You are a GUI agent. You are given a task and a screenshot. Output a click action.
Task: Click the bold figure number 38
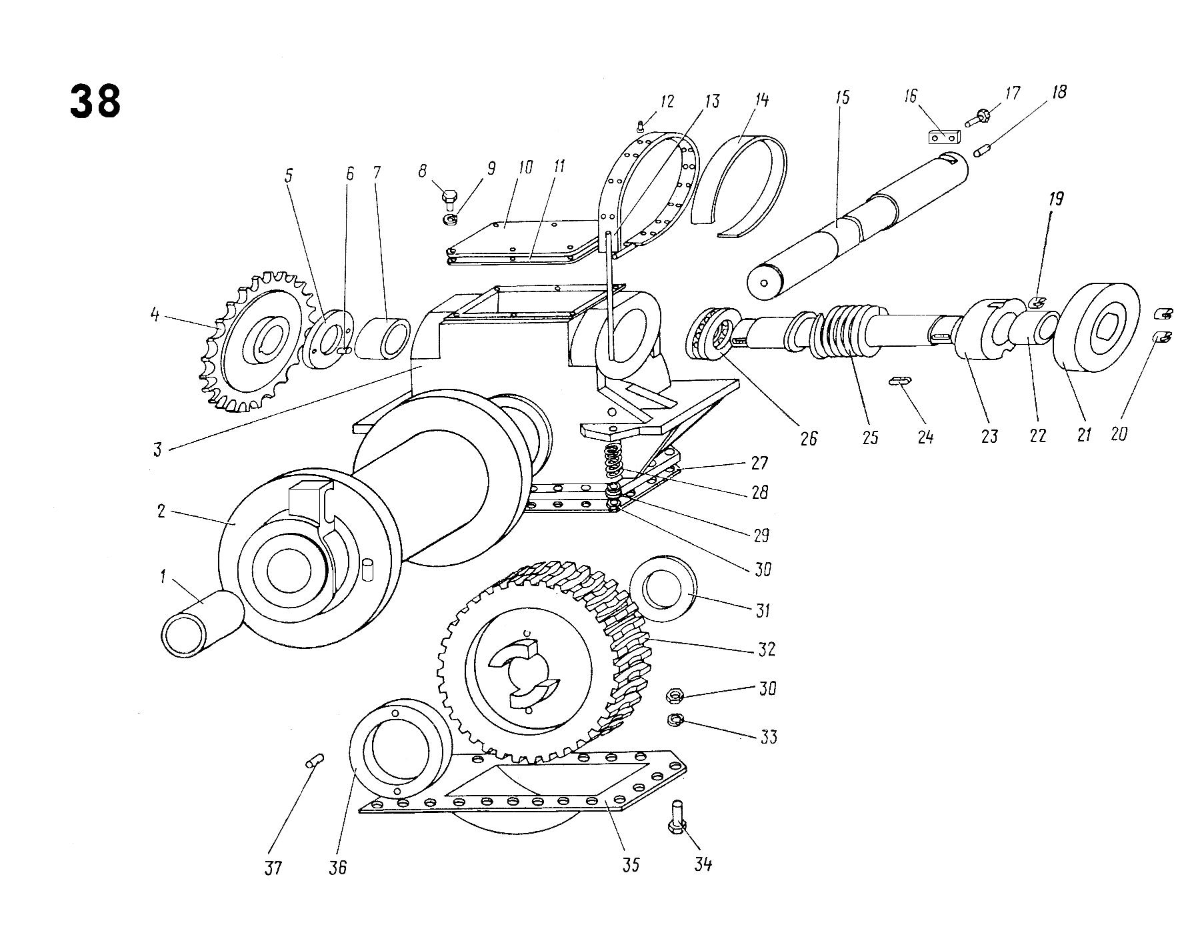[95, 101]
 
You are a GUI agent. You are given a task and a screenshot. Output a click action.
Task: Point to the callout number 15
[843, 97]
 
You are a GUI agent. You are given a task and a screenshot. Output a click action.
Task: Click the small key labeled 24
[900, 381]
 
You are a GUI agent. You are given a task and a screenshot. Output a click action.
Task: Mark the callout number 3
[157, 449]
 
